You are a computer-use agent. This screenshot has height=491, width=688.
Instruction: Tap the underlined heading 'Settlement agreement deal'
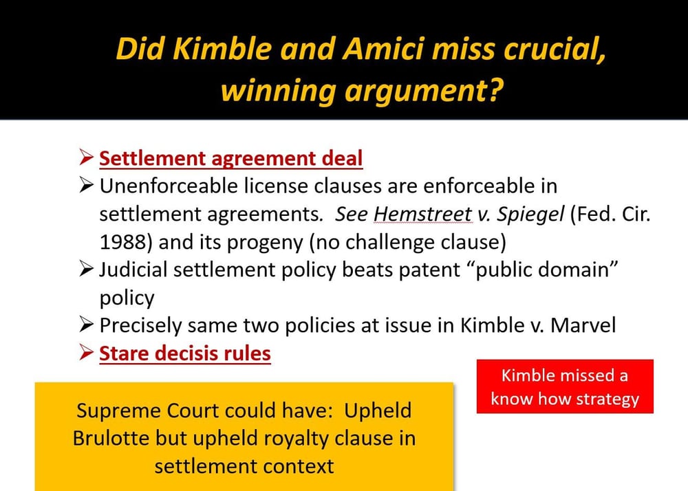click(x=230, y=159)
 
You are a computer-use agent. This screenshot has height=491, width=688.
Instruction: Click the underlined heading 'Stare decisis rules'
click(x=185, y=354)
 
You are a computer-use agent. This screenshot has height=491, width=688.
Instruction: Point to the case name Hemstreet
click(x=422, y=214)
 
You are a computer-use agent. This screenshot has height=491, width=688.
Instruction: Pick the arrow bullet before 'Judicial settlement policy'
click(x=86, y=270)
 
